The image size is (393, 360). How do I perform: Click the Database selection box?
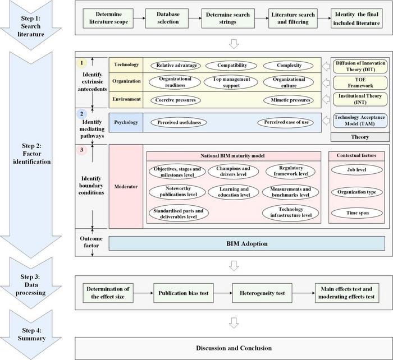pyautogui.click(x=167, y=18)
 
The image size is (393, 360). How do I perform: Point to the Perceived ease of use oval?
pyautogui.click(x=285, y=122)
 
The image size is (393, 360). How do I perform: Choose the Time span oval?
pyautogui.click(x=357, y=213)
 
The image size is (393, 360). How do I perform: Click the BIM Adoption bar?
pyautogui.click(x=246, y=243)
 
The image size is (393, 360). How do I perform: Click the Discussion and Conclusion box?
pyautogui.click(x=233, y=348)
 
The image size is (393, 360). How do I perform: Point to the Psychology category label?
pyautogui.click(x=126, y=122)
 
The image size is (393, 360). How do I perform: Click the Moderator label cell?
pyautogui.click(x=126, y=187)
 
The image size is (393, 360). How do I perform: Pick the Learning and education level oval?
pyautogui.click(x=233, y=191)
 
